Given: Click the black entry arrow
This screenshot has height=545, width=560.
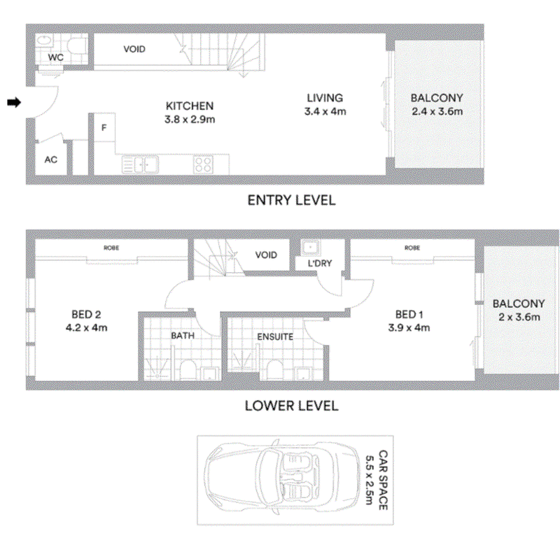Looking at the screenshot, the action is coord(14,102).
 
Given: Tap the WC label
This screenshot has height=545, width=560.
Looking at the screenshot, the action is coord(56,57).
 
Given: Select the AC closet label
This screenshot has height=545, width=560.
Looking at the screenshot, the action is coord(50,160).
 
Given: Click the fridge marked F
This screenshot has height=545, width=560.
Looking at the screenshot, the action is coord(104,127).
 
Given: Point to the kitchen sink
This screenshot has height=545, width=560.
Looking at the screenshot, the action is coord(141,165).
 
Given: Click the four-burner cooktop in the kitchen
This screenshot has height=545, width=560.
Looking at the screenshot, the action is coord(204,164).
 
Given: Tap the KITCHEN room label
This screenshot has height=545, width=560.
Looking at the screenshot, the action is coord(190,106).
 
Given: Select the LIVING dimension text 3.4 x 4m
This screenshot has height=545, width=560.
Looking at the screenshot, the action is coord(325,111).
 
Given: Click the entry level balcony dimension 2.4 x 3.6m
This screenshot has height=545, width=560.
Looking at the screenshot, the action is coord(437,111).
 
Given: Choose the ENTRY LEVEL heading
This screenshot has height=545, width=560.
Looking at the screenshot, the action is coord(291,200).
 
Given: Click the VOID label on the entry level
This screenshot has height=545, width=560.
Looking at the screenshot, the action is coord(134,49).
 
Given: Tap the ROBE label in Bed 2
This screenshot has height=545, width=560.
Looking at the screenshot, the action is coord(111,248).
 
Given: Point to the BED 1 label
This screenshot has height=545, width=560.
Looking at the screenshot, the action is coord(409,314).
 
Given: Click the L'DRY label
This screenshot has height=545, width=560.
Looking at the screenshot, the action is coord(320,263).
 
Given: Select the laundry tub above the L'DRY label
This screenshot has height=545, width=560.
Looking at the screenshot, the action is coord(310,248).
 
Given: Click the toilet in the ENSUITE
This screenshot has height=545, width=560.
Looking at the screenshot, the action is coord(274,369).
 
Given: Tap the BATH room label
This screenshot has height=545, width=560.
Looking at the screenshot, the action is coord(183,336).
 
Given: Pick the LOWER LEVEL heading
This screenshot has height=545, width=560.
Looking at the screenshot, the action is coord(291,406).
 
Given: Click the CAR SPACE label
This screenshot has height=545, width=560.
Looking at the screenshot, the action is coord(383,480).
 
